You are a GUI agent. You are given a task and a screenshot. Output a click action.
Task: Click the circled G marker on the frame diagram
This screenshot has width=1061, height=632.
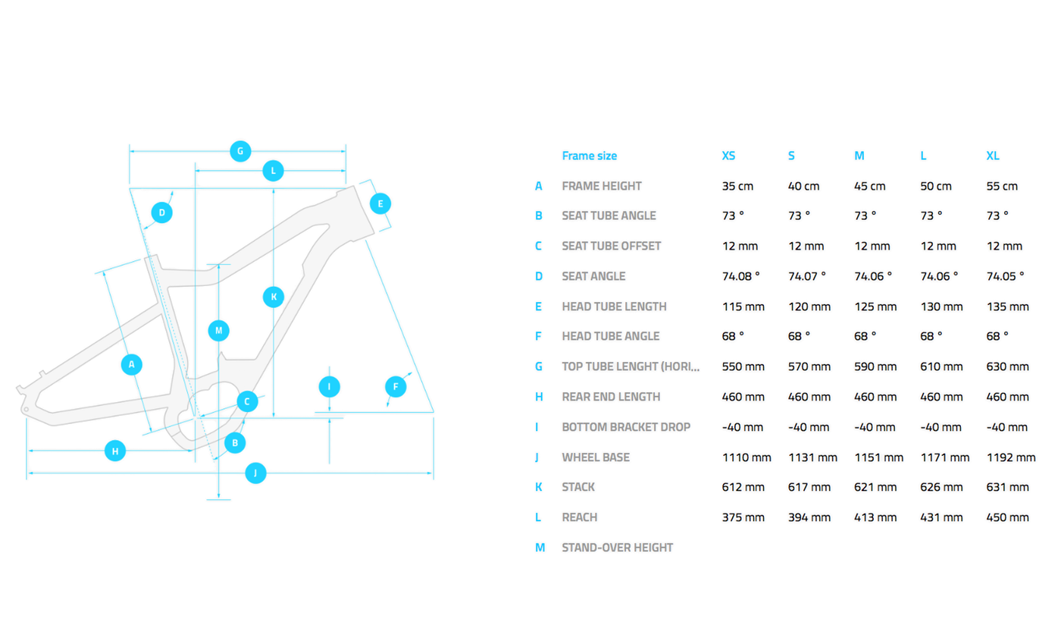pyautogui.click(x=239, y=151)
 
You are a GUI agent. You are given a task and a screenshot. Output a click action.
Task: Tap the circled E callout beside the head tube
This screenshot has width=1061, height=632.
pyautogui.click(x=380, y=203)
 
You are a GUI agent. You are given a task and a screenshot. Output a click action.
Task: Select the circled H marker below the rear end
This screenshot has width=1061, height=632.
pyautogui.click(x=115, y=451)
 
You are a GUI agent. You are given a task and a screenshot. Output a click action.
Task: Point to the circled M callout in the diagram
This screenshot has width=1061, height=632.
pyautogui.click(x=218, y=331)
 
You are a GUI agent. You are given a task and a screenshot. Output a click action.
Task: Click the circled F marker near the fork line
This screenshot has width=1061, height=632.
pyautogui.click(x=395, y=387)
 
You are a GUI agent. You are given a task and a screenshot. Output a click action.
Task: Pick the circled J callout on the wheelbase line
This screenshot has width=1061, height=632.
pyautogui.click(x=256, y=474)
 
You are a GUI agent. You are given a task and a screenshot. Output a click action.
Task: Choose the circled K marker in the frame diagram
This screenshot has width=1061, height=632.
pyautogui.click(x=273, y=297)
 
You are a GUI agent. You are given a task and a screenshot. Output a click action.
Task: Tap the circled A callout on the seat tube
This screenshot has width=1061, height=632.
pyautogui.click(x=132, y=365)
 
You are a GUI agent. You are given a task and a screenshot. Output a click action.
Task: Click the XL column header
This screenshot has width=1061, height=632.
pyautogui.click(x=993, y=156)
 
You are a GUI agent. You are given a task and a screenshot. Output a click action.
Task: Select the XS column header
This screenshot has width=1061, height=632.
pyautogui.click(x=728, y=156)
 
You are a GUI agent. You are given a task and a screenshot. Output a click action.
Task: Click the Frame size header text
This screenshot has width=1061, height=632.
pyautogui.click(x=589, y=156)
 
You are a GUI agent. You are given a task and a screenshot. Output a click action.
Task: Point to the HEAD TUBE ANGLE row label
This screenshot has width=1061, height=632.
pyautogui.click(x=611, y=336)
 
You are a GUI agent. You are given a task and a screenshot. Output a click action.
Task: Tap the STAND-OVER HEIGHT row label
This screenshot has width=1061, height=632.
pyautogui.click(x=617, y=547)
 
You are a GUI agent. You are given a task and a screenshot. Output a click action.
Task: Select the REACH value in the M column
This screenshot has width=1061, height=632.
pyautogui.click(x=875, y=517)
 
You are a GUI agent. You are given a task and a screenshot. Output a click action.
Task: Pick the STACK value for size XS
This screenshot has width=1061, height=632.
pyautogui.click(x=743, y=487)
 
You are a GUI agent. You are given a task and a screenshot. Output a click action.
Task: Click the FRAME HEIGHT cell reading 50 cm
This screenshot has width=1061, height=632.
pyautogui.click(x=936, y=186)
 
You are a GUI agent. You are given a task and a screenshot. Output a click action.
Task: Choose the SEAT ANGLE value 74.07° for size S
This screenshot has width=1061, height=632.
pyautogui.click(x=806, y=276)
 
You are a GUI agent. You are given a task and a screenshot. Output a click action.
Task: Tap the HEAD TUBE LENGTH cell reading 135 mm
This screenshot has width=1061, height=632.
pyautogui.click(x=1007, y=307)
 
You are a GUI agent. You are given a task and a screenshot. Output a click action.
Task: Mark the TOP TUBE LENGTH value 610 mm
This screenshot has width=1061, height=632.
pyautogui.click(x=941, y=366)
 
